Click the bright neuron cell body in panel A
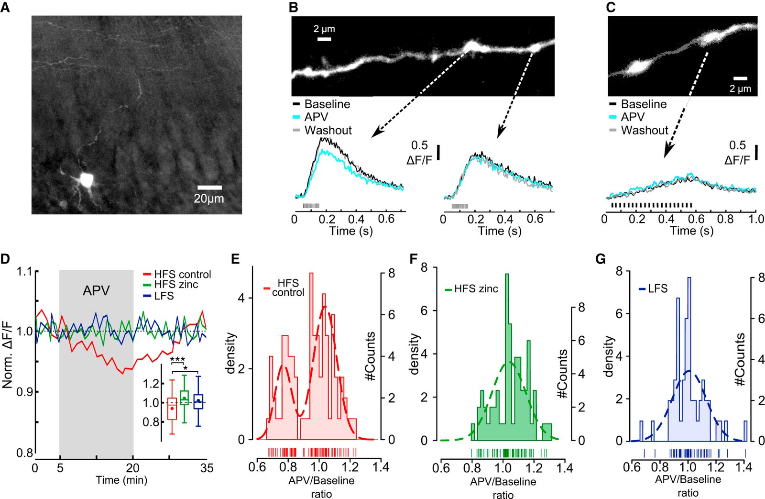[86, 180]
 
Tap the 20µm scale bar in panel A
[209, 188]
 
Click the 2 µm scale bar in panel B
[324, 39]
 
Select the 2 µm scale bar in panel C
[740, 78]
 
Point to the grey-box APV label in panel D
[96, 290]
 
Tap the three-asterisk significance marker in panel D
[177, 360]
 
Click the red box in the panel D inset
[172, 409]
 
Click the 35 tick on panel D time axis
[207, 468]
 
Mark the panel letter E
[235, 259]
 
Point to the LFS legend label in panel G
[657, 288]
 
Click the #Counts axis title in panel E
[371, 356]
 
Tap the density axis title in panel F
[415, 354]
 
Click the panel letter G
[601, 259]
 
